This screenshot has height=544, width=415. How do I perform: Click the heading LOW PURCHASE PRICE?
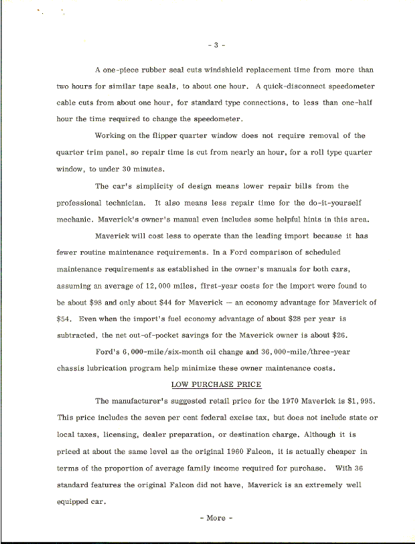click(x=216, y=384)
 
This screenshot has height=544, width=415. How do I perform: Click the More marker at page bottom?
click(x=216, y=518)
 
